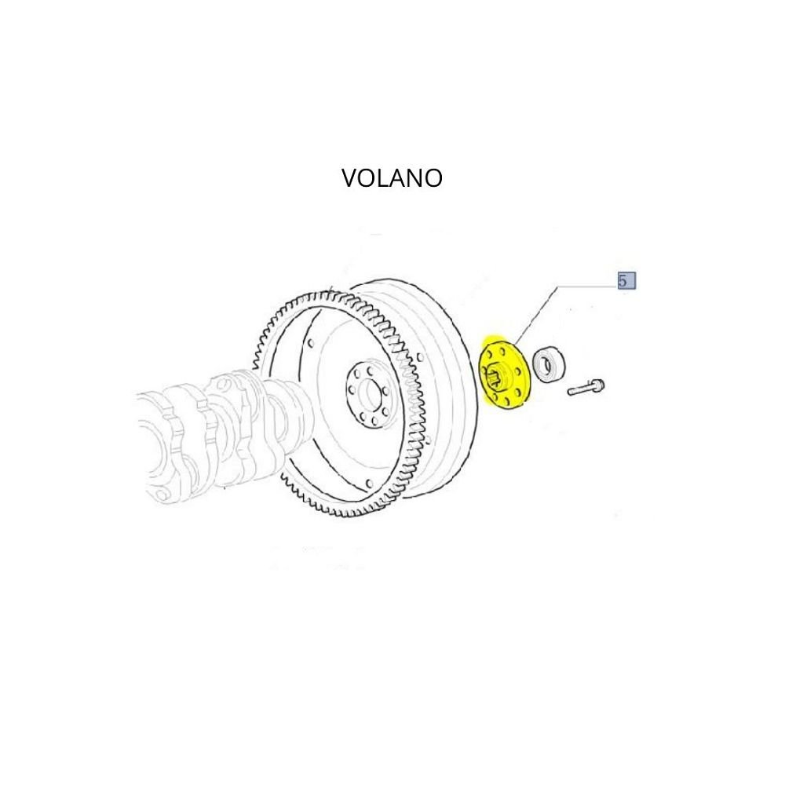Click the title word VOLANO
pos(392,178)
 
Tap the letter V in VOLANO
pos(350,178)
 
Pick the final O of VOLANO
pos(433,178)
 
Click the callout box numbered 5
pos(626,281)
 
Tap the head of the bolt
pos(598,385)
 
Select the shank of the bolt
pos(580,389)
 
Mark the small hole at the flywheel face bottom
pos(370,484)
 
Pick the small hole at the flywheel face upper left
pos(311,344)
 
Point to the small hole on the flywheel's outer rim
pos(419,357)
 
